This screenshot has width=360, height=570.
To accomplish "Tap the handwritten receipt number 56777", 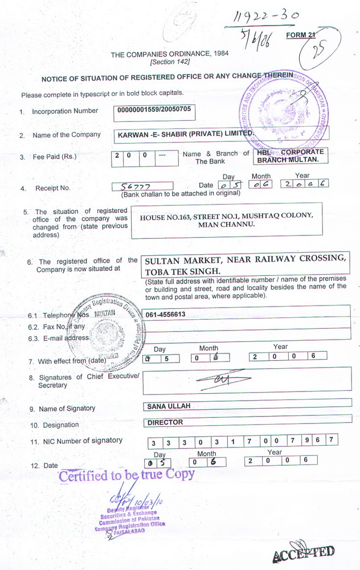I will (133, 186).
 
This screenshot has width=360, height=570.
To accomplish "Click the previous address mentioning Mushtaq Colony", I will (226, 220).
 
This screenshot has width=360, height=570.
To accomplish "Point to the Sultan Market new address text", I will (245, 264).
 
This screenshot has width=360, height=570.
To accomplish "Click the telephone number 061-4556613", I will (166, 314).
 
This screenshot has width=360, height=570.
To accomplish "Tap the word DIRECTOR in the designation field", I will (165, 422).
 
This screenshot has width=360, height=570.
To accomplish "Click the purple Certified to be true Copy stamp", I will (127, 474).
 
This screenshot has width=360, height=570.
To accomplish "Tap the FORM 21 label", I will (300, 35).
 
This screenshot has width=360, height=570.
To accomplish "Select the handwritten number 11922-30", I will (263, 18).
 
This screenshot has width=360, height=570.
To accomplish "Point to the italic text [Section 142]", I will (170, 62).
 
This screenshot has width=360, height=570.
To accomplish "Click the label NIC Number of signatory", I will (80, 441).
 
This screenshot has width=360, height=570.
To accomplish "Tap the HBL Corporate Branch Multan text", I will (291, 156).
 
